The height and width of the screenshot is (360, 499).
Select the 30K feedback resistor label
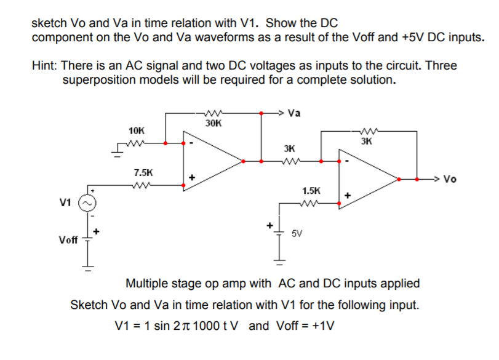[213, 123]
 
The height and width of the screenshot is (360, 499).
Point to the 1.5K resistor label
[311, 191]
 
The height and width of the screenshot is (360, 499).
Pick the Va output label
[294, 113]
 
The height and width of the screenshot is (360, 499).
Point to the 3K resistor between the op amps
[289, 161]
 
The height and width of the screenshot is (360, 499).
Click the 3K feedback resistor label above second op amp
[367, 141]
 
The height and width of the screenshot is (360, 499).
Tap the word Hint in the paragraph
[46, 65]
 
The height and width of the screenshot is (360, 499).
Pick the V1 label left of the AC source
[65, 201]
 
